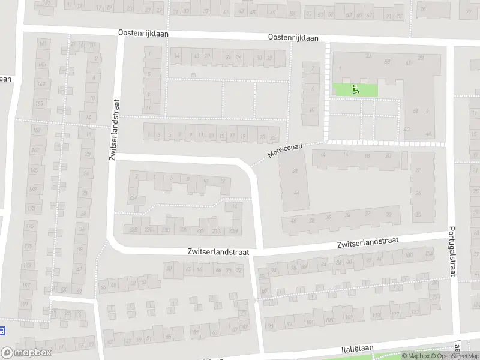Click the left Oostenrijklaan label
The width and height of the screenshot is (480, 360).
coord(143,34)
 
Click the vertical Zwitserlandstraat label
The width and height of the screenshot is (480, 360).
coord(113,130)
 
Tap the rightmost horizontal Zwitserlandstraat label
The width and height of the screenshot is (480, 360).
coord(368,242)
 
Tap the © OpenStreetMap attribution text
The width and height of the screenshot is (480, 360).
coord(455,356)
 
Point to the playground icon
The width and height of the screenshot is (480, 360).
coord(355,90)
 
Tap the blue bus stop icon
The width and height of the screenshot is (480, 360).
coord(3,330)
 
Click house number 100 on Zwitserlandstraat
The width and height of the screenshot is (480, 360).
coord(409,256)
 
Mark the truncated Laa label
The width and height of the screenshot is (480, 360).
coord(458,347)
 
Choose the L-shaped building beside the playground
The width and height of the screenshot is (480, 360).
coord(414,96)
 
